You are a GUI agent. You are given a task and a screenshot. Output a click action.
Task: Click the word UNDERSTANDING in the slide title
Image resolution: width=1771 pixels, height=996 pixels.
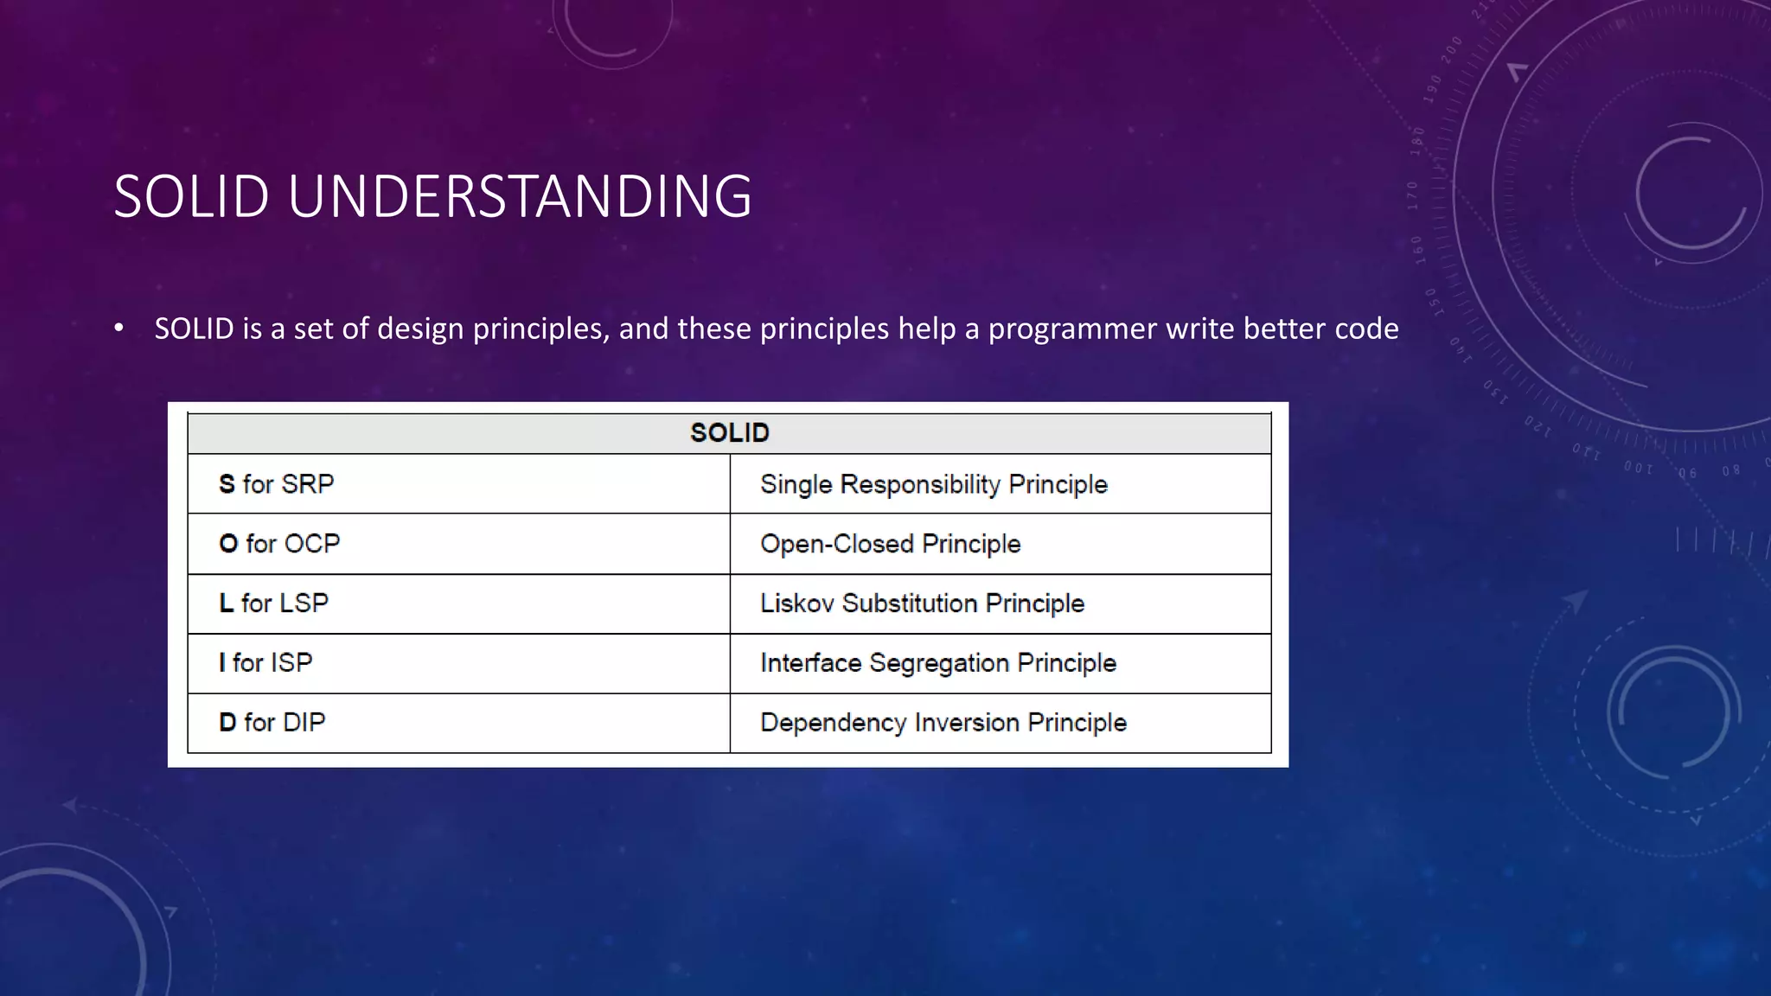point(519,197)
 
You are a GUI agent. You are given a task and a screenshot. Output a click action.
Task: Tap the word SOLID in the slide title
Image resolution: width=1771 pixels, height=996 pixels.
point(191,197)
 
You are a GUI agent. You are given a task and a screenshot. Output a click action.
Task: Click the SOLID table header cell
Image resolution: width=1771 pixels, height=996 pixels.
point(729,433)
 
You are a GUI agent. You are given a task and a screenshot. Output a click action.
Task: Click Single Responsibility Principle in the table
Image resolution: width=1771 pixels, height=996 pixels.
point(933,484)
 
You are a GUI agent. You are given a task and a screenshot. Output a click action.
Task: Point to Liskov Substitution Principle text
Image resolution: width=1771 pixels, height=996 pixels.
point(922,603)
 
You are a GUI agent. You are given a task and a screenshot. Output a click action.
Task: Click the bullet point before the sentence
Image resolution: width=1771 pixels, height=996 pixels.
point(119,329)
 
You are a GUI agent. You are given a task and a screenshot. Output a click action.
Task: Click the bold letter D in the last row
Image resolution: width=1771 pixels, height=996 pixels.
point(227,723)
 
